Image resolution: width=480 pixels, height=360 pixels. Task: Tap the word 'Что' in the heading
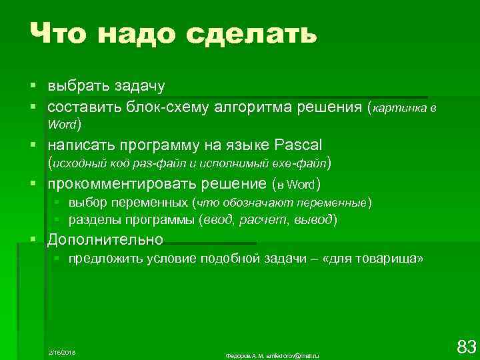63,33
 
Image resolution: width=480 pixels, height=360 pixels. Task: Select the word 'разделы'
93,219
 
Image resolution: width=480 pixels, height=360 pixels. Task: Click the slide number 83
466,346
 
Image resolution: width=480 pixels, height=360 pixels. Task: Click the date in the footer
62,351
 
